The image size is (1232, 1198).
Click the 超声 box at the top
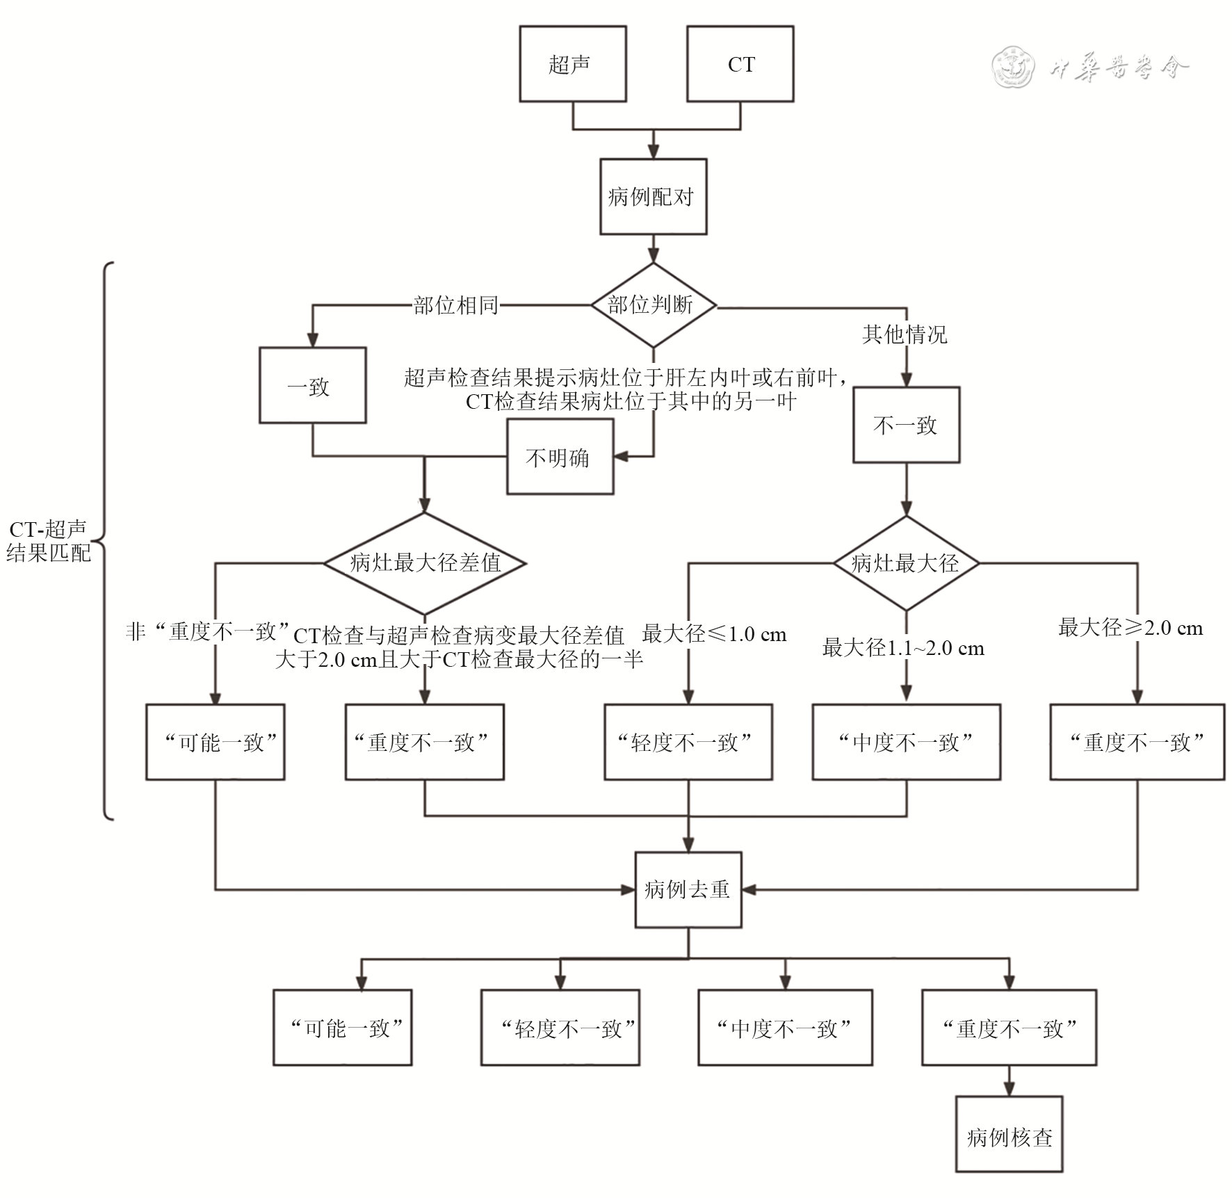(x=572, y=64)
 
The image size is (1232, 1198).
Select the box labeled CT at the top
(x=740, y=64)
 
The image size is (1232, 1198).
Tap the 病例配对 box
(x=653, y=197)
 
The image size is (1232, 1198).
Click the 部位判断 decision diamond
(x=653, y=305)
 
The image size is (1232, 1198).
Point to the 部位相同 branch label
(x=455, y=305)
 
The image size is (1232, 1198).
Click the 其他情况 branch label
(x=905, y=334)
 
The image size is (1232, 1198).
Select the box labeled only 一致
(x=312, y=385)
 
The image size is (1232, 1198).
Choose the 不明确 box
(x=560, y=457)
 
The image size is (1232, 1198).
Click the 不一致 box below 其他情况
(x=906, y=425)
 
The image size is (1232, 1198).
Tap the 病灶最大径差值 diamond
(x=425, y=562)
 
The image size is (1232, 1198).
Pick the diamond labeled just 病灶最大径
(x=906, y=562)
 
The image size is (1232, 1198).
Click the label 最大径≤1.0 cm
(x=714, y=633)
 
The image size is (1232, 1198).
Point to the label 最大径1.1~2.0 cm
(x=903, y=648)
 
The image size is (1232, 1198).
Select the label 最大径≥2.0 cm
(x=1130, y=628)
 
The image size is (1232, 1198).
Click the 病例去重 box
(x=688, y=889)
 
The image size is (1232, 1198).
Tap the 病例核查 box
(x=1009, y=1137)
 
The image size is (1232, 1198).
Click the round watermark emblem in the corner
(x=1012, y=67)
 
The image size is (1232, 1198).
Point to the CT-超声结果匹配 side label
(x=48, y=541)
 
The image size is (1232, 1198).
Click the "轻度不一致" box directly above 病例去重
(x=688, y=742)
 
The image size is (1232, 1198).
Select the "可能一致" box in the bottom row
(x=342, y=1028)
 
